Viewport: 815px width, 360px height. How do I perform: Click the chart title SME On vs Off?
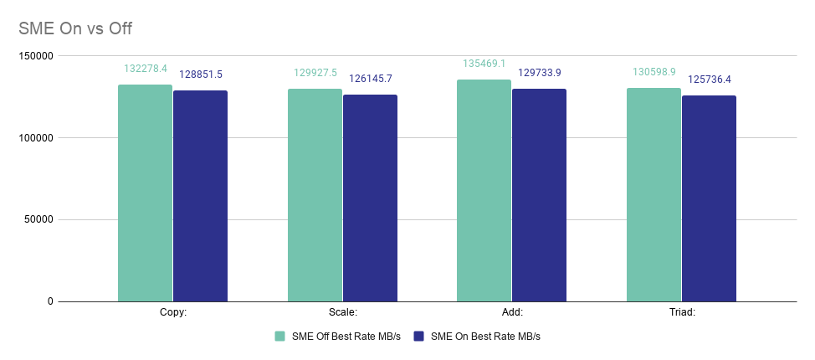(x=75, y=28)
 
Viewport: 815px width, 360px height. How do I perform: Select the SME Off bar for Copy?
(x=145, y=193)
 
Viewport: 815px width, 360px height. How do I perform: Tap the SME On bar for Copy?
(x=200, y=196)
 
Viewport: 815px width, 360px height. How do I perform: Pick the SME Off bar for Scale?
(x=315, y=194)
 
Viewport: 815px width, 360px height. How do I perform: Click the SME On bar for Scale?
(x=370, y=198)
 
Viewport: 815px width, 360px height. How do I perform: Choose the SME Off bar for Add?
(x=484, y=190)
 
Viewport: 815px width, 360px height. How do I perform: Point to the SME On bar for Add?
(x=539, y=194)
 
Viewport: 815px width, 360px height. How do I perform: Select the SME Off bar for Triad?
(x=654, y=194)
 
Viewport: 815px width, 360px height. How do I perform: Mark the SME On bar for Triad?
(x=709, y=198)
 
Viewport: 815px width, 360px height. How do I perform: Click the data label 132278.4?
(x=146, y=69)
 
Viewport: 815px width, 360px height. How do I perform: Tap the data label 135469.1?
(x=484, y=64)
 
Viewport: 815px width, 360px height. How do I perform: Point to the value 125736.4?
(x=710, y=80)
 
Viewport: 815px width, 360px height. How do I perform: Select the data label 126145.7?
(x=371, y=79)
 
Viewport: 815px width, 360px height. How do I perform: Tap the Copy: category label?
(x=172, y=312)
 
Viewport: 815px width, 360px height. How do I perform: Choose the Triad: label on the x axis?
(x=681, y=312)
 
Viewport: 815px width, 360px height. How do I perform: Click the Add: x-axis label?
(x=511, y=312)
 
